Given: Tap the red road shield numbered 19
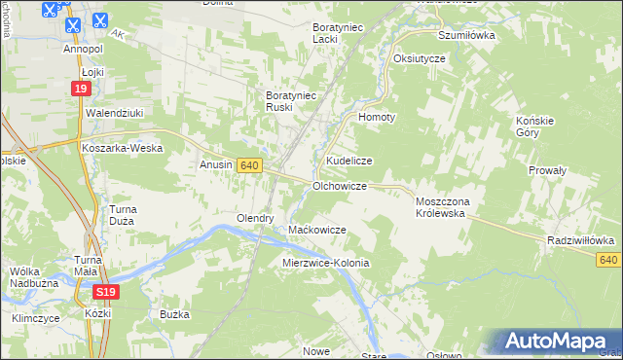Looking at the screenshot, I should [x=83, y=90].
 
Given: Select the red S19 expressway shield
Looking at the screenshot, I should [x=107, y=292].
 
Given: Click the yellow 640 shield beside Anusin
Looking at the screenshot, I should [x=249, y=166].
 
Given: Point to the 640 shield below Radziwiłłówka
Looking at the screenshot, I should [x=609, y=259].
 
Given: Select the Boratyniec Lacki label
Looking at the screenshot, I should [x=337, y=33].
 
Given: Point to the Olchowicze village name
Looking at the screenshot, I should [x=339, y=185].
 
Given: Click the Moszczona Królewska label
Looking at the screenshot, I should [x=443, y=206].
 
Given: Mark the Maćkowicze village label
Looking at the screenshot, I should [x=317, y=230].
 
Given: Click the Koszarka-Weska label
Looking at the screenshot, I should [x=122, y=148].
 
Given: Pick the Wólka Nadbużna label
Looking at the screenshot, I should [x=30, y=277].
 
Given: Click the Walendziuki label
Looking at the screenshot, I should [x=114, y=113].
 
